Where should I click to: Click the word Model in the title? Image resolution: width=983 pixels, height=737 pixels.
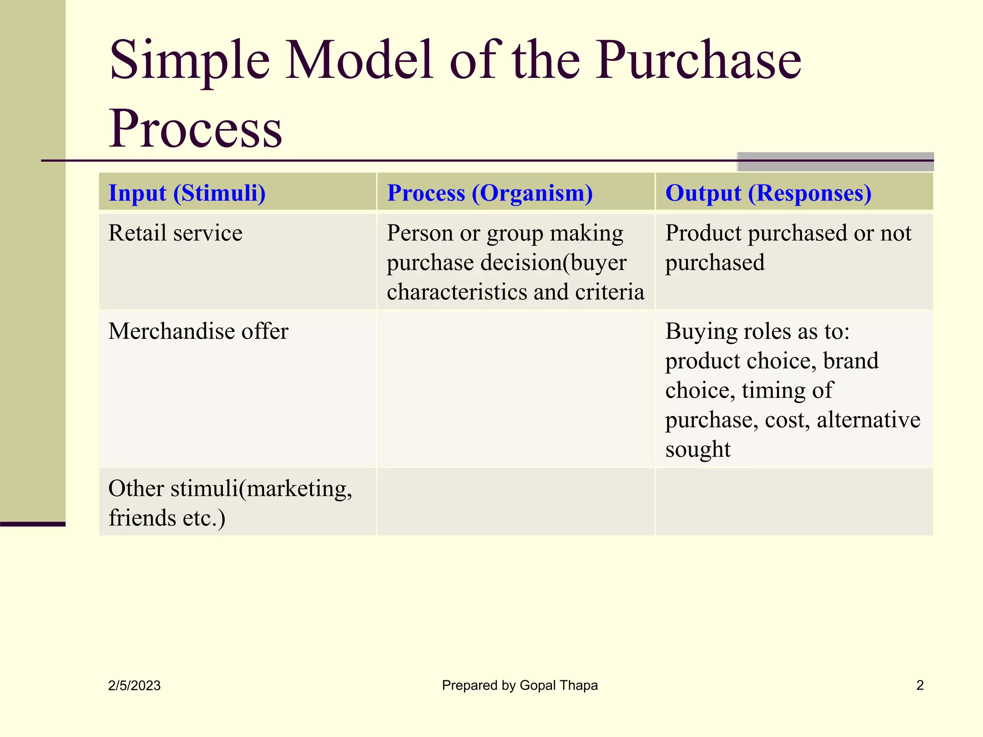360,61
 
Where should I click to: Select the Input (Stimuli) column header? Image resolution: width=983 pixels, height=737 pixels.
187,193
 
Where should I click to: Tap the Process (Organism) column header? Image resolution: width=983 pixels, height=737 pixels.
490,193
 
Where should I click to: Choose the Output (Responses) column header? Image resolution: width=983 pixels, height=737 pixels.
768,193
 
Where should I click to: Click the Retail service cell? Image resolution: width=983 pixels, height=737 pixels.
175,234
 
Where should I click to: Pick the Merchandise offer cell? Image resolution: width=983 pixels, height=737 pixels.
198,332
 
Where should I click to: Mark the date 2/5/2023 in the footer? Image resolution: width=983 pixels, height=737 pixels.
134,686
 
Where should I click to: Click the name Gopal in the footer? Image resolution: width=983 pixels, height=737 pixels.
537,686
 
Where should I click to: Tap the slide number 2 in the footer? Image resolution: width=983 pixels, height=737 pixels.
920,685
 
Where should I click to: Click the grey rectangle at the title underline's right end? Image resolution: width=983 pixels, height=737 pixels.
835,162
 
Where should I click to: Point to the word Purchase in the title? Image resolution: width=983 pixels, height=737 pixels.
698,61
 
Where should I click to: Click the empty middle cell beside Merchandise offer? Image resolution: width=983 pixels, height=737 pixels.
516,389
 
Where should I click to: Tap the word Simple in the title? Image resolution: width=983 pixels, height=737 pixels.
190,61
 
